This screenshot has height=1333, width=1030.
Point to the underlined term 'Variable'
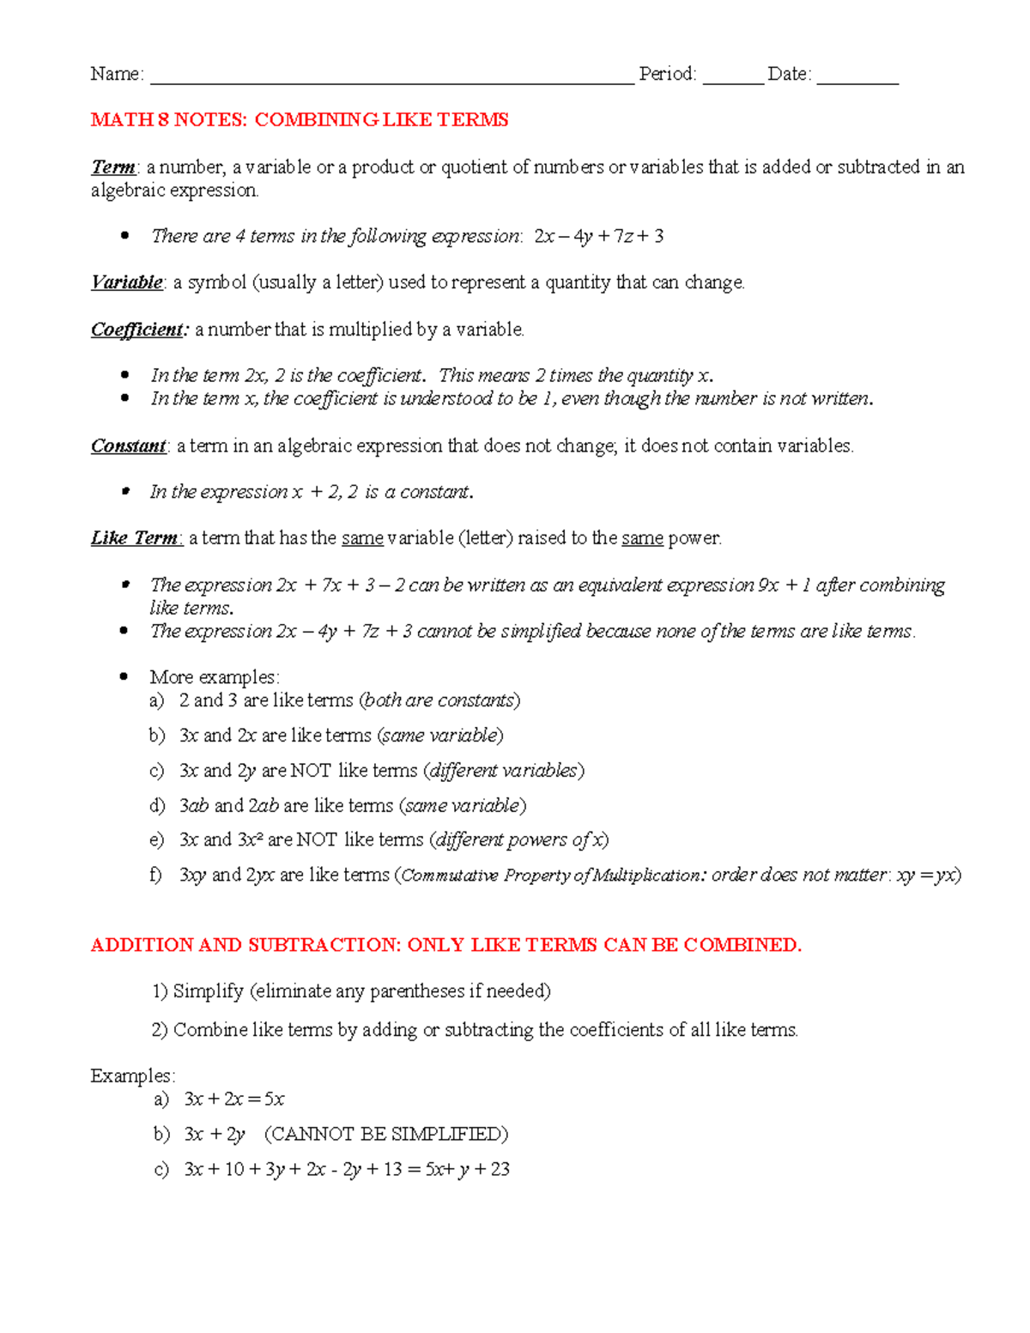pyautogui.click(x=127, y=282)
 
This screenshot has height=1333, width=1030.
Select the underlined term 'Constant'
pyautogui.click(x=129, y=445)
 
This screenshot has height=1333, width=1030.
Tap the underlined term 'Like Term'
pyautogui.click(x=136, y=538)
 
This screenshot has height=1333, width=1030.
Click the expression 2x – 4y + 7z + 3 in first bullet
pyautogui.click(x=598, y=236)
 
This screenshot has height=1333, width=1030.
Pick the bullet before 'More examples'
pyautogui.click(x=125, y=677)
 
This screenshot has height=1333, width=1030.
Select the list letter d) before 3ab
pyautogui.click(x=157, y=806)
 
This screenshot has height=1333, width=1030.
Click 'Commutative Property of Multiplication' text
pyautogui.click(x=550, y=876)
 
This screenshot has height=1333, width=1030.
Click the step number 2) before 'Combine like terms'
pyautogui.click(x=160, y=1030)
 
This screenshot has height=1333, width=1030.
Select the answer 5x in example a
pyautogui.click(x=274, y=1100)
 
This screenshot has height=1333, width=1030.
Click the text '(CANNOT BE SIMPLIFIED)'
pyautogui.click(x=386, y=1135)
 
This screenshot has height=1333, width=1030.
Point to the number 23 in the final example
pyautogui.click(x=500, y=1170)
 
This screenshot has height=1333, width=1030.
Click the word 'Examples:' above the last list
pyautogui.click(x=133, y=1076)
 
